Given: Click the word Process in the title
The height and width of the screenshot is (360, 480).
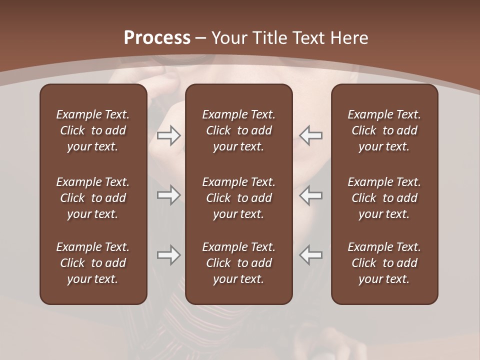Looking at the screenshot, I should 157,37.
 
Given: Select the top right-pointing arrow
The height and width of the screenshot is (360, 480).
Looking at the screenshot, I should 168,135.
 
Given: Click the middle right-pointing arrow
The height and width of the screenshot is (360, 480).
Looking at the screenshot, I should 168,195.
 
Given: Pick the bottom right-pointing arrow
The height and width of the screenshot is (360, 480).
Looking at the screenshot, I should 168,255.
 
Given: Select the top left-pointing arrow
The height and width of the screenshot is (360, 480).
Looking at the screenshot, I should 311,135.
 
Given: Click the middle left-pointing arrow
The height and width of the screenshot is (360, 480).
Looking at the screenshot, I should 311,195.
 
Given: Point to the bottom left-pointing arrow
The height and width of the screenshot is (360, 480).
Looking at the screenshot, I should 311,255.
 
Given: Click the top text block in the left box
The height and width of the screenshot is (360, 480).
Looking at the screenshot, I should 93,130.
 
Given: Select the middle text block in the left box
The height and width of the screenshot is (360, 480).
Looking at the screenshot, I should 93,198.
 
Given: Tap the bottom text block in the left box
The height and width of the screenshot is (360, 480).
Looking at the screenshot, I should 93,263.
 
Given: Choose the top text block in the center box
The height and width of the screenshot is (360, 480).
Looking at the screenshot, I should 239,130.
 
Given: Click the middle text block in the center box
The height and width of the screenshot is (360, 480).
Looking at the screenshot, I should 239,198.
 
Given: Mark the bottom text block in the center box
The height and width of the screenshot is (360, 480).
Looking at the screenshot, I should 239,263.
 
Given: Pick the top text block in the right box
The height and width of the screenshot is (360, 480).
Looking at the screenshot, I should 384,130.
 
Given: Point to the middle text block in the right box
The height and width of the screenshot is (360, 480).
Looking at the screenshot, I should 384,198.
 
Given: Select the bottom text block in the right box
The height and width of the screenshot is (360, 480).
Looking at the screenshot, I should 384,263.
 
